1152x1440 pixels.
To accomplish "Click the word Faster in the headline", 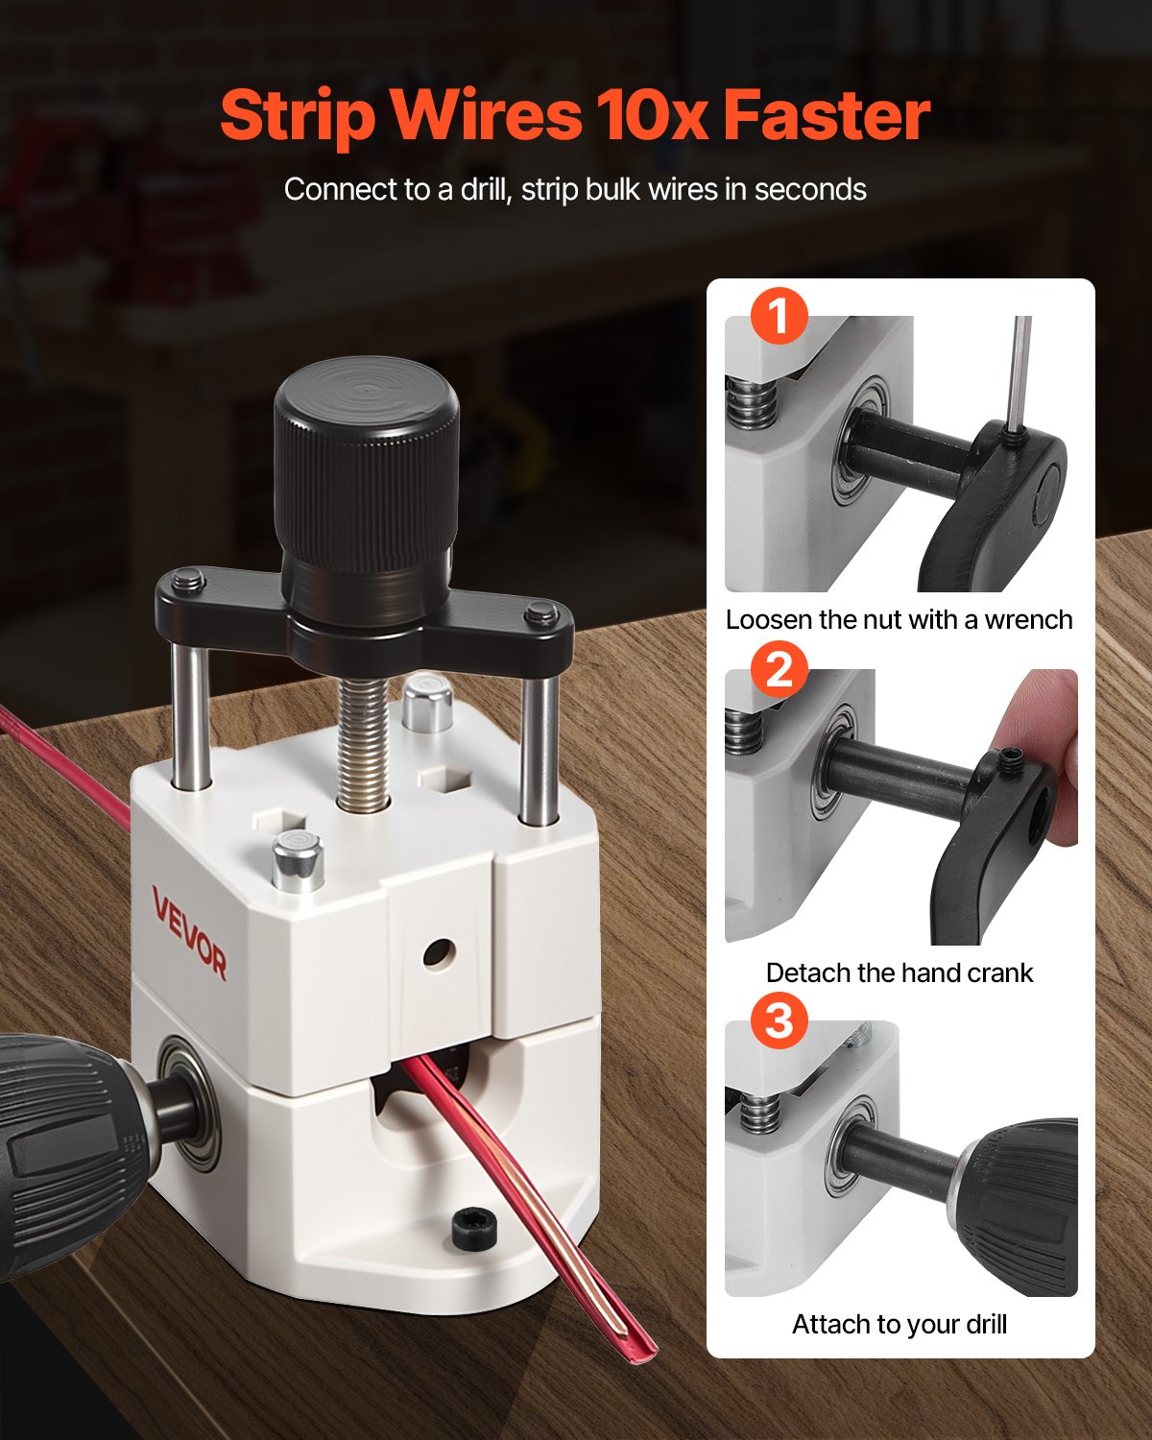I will (826, 115).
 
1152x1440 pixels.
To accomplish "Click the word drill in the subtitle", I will (485, 189).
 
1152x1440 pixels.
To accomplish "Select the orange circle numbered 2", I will (779, 668).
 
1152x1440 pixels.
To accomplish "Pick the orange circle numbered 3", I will (779, 1020).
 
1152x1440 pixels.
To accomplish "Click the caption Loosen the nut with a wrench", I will (899, 620).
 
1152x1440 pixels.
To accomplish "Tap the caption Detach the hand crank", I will (899, 972).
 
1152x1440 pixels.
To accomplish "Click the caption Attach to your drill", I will (899, 1325).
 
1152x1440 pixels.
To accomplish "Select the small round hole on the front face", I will (438, 952).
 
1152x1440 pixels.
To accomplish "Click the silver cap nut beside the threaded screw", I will (427, 704).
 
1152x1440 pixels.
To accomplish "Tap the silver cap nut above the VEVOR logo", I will (297, 860).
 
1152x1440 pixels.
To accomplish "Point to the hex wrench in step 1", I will (1021, 374).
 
